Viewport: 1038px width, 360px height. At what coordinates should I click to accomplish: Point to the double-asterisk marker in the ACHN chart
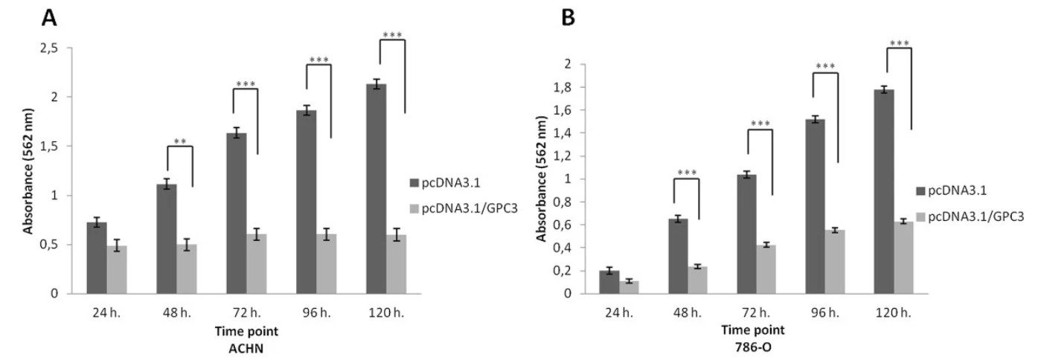click(x=179, y=140)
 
